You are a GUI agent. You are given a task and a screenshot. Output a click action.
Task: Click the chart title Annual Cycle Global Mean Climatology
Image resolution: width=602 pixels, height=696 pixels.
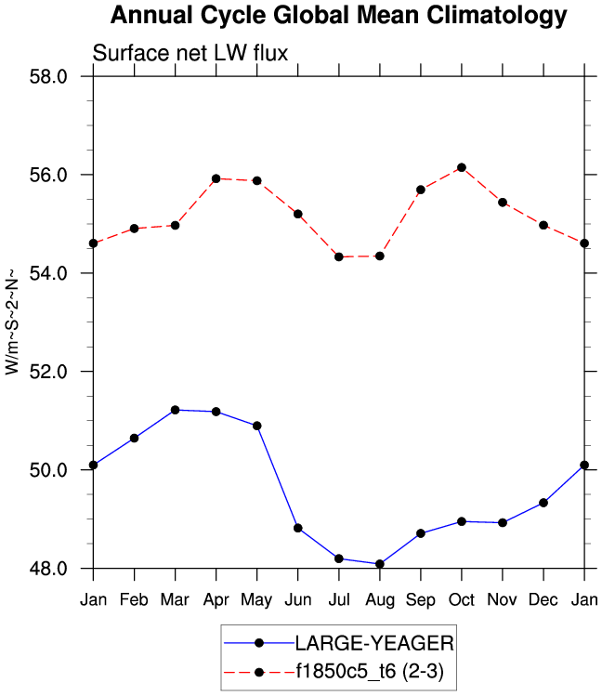click(338, 16)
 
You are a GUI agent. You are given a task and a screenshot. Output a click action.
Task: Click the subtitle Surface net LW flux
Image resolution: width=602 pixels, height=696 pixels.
click(190, 54)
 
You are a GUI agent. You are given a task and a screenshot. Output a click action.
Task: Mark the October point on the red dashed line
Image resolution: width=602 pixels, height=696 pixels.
click(461, 167)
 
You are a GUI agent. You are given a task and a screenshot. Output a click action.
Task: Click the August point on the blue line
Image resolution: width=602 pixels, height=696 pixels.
click(379, 564)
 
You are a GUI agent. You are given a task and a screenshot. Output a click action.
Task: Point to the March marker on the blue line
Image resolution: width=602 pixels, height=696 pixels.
click(175, 410)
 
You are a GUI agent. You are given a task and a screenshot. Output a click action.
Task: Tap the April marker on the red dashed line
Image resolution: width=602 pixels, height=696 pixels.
click(216, 178)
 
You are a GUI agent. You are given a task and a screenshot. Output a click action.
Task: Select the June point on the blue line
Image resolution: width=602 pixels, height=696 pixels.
click(297, 528)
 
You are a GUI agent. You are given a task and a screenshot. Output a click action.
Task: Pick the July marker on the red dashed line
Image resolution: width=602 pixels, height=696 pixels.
click(338, 256)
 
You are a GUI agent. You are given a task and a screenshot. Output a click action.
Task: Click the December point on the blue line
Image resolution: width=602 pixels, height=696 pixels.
click(543, 503)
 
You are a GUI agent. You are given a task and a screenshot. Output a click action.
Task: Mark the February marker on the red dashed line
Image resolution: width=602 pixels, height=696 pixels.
click(134, 229)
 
